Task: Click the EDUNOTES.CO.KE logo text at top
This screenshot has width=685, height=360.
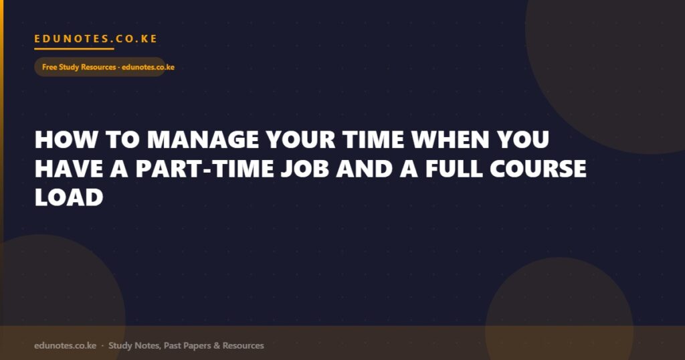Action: click(x=96, y=38)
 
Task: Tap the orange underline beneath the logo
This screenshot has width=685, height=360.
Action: click(x=74, y=48)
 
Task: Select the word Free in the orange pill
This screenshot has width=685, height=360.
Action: click(x=50, y=67)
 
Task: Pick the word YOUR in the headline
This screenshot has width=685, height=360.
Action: click(x=301, y=140)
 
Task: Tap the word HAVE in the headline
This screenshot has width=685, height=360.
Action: click(x=69, y=169)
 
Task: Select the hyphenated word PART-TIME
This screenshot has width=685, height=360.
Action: click(x=205, y=169)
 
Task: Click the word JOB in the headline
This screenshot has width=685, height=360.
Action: click(x=305, y=169)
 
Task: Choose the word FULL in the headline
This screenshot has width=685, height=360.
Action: click(x=454, y=169)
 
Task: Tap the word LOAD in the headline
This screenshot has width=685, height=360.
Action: click(x=69, y=197)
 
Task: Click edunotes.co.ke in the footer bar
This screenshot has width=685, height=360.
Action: click(x=65, y=345)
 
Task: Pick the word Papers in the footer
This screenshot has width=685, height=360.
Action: click(x=197, y=346)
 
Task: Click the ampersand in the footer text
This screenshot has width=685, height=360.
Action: click(x=217, y=345)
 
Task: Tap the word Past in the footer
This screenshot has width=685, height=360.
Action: click(x=172, y=345)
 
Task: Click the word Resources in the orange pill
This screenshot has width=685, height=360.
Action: click(x=98, y=67)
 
